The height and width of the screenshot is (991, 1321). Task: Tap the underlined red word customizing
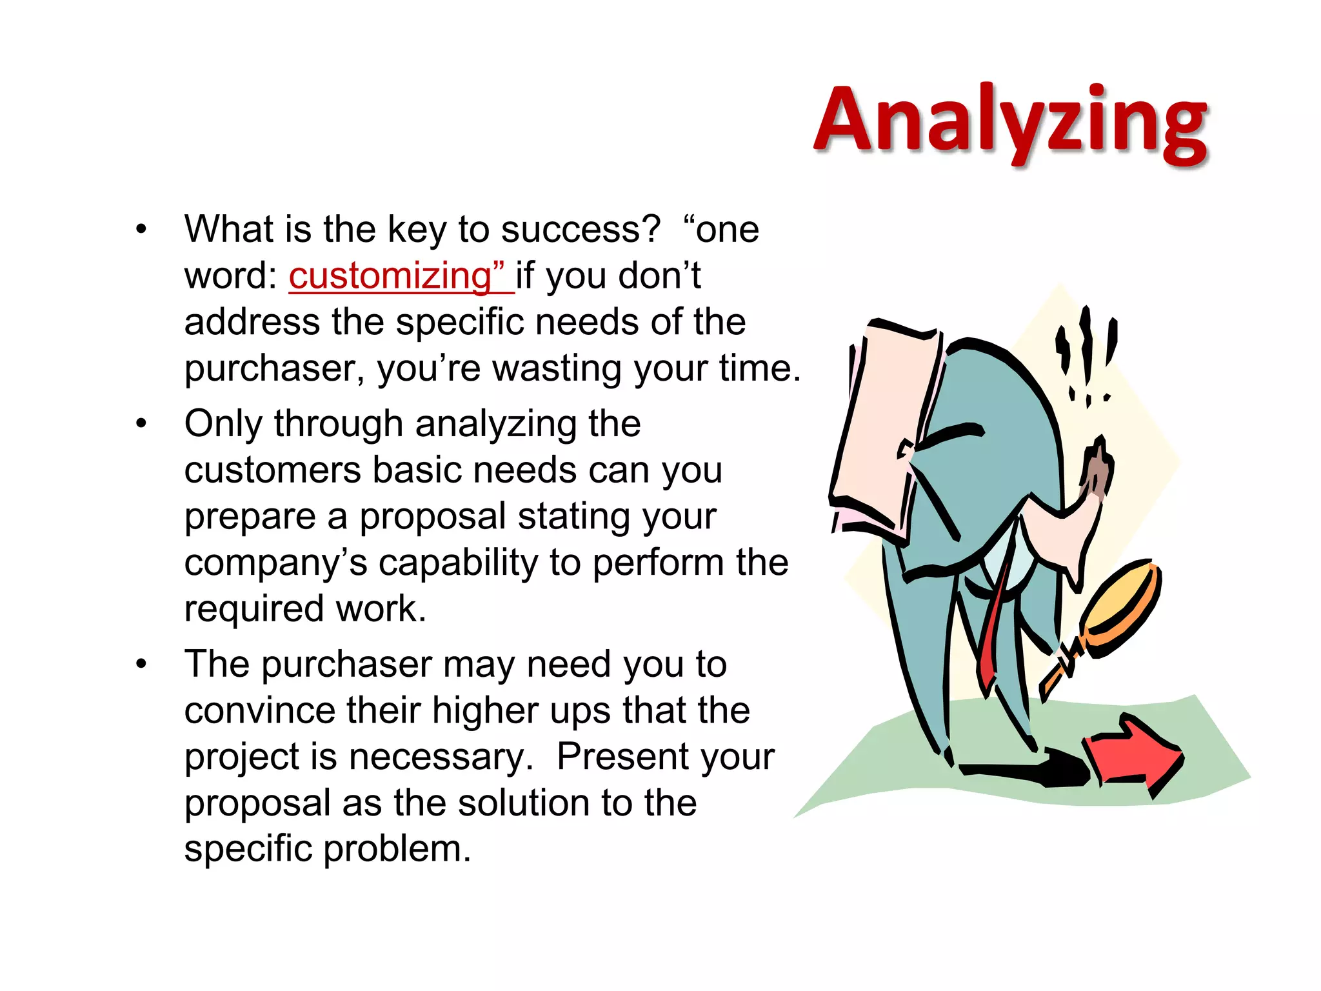[x=390, y=276]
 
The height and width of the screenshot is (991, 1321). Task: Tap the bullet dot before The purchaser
[x=142, y=664]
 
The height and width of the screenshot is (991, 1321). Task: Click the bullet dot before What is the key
[x=142, y=230]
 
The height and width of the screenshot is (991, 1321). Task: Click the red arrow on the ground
[x=1133, y=755]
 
